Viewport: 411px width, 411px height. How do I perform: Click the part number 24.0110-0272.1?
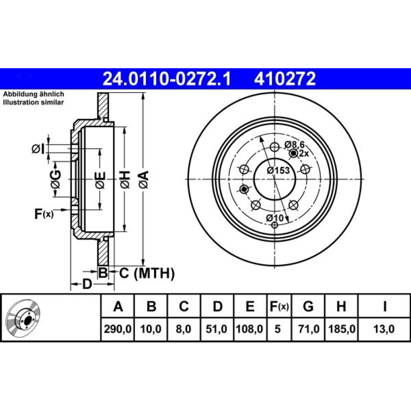167,79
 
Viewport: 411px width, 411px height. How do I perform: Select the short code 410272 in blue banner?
285,79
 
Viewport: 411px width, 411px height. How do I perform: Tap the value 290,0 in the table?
118,329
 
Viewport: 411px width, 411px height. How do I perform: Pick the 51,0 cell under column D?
216,329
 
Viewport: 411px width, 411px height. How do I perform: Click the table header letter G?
308,306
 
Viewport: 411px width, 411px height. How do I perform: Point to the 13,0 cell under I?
384,329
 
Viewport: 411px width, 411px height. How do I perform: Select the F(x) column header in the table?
279,307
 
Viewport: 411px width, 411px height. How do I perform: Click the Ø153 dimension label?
278,171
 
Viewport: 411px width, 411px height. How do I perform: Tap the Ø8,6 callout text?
295,144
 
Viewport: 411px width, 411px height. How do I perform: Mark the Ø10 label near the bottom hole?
275,218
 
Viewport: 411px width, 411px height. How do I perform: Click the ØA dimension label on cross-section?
144,179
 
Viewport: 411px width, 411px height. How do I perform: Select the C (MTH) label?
147,273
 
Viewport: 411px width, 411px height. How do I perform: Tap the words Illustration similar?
33,102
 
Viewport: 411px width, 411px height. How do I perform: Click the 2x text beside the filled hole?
304,153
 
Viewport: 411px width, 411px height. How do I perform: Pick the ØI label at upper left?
38,149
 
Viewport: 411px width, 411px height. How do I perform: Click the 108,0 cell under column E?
249,329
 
